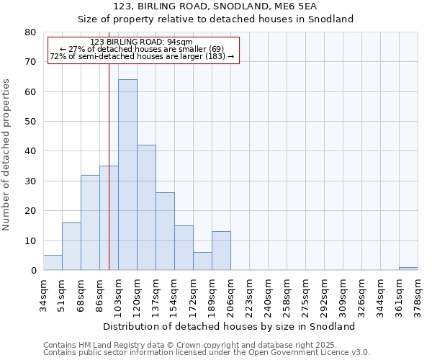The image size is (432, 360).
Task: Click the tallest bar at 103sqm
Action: tap(127, 175)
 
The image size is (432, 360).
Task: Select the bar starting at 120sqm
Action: tap(146, 207)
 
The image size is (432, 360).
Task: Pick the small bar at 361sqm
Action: tap(408, 269)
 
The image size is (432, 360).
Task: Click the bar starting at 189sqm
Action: tap(221, 251)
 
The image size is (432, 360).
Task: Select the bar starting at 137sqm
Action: tap(165, 231)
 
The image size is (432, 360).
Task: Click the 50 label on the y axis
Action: tap(30, 122)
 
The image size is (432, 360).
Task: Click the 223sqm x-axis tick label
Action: tap(249, 297)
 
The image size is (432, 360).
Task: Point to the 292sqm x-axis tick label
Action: tap(324, 297)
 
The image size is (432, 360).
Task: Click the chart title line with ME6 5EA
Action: tap(215, 6)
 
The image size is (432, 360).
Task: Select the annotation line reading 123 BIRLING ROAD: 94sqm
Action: tap(142, 42)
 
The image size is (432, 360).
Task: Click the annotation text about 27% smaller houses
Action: tap(142, 49)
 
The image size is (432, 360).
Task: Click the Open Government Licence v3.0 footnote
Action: tap(207, 353)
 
